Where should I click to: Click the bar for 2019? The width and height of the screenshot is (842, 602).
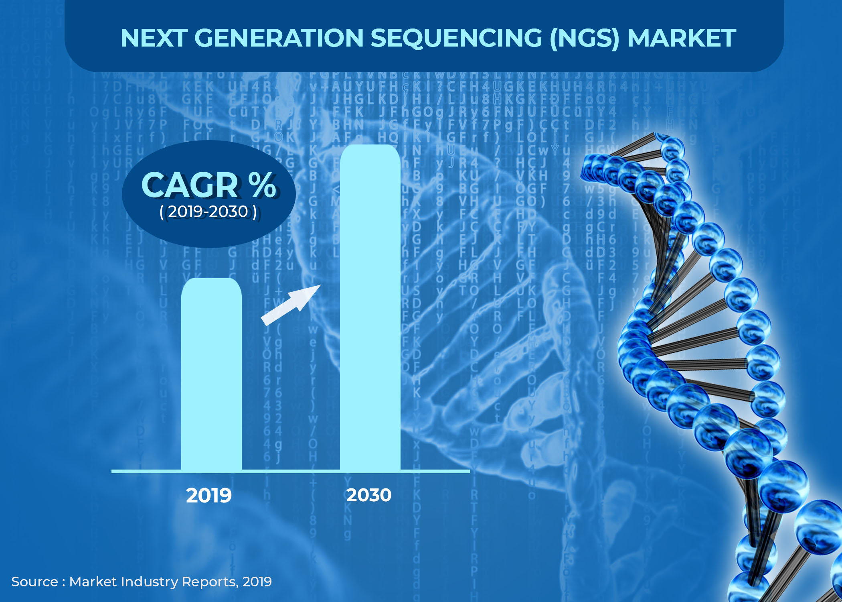(x=211, y=373)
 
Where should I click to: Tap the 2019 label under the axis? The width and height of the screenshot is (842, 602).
(x=209, y=496)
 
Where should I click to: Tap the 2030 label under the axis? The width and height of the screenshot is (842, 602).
(x=369, y=495)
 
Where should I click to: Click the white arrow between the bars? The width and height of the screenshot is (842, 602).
(x=291, y=305)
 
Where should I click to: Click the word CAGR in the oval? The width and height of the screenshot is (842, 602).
(x=190, y=185)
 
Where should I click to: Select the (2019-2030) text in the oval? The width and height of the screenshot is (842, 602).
(x=208, y=212)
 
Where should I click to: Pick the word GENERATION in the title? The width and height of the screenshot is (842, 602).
(x=279, y=38)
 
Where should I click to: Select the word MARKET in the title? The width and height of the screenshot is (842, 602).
(x=681, y=38)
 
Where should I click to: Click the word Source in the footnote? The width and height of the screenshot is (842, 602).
(x=34, y=582)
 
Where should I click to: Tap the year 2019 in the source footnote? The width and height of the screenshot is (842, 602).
(x=257, y=582)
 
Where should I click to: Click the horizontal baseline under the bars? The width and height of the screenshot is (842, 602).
(x=291, y=471)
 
